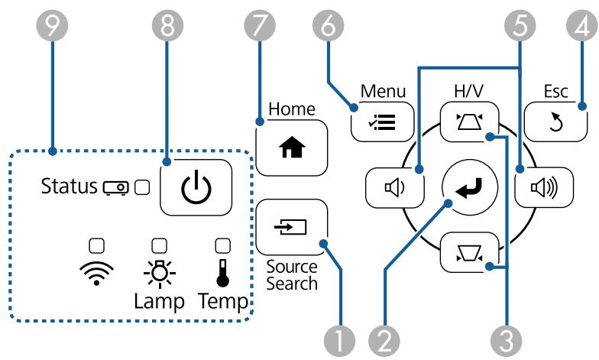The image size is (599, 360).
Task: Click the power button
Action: [x=196, y=187]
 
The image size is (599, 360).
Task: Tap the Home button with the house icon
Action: [x=292, y=148]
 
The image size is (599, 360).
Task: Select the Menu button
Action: [x=382, y=122]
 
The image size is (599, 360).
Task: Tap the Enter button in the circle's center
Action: [x=469, y=187]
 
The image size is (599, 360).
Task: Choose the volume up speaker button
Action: [x=544, y=187]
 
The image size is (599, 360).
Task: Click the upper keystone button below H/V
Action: [x=469, y=122]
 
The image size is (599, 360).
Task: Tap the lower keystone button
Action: [x=469, y=252]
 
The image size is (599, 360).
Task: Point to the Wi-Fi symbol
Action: [x=96, y=273]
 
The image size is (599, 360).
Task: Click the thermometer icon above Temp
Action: [x=223, y=273]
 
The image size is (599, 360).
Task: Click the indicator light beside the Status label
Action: [x=142, y=187]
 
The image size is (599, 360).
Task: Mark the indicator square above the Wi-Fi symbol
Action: [x=96, y=246]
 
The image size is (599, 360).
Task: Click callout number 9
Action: [x=52, y=26]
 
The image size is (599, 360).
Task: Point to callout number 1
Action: [x=339, y=339]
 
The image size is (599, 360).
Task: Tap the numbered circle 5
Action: [x=520, y=26]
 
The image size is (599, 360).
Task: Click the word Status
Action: [x=69, y=186]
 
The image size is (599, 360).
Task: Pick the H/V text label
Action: [x=469, y=91]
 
